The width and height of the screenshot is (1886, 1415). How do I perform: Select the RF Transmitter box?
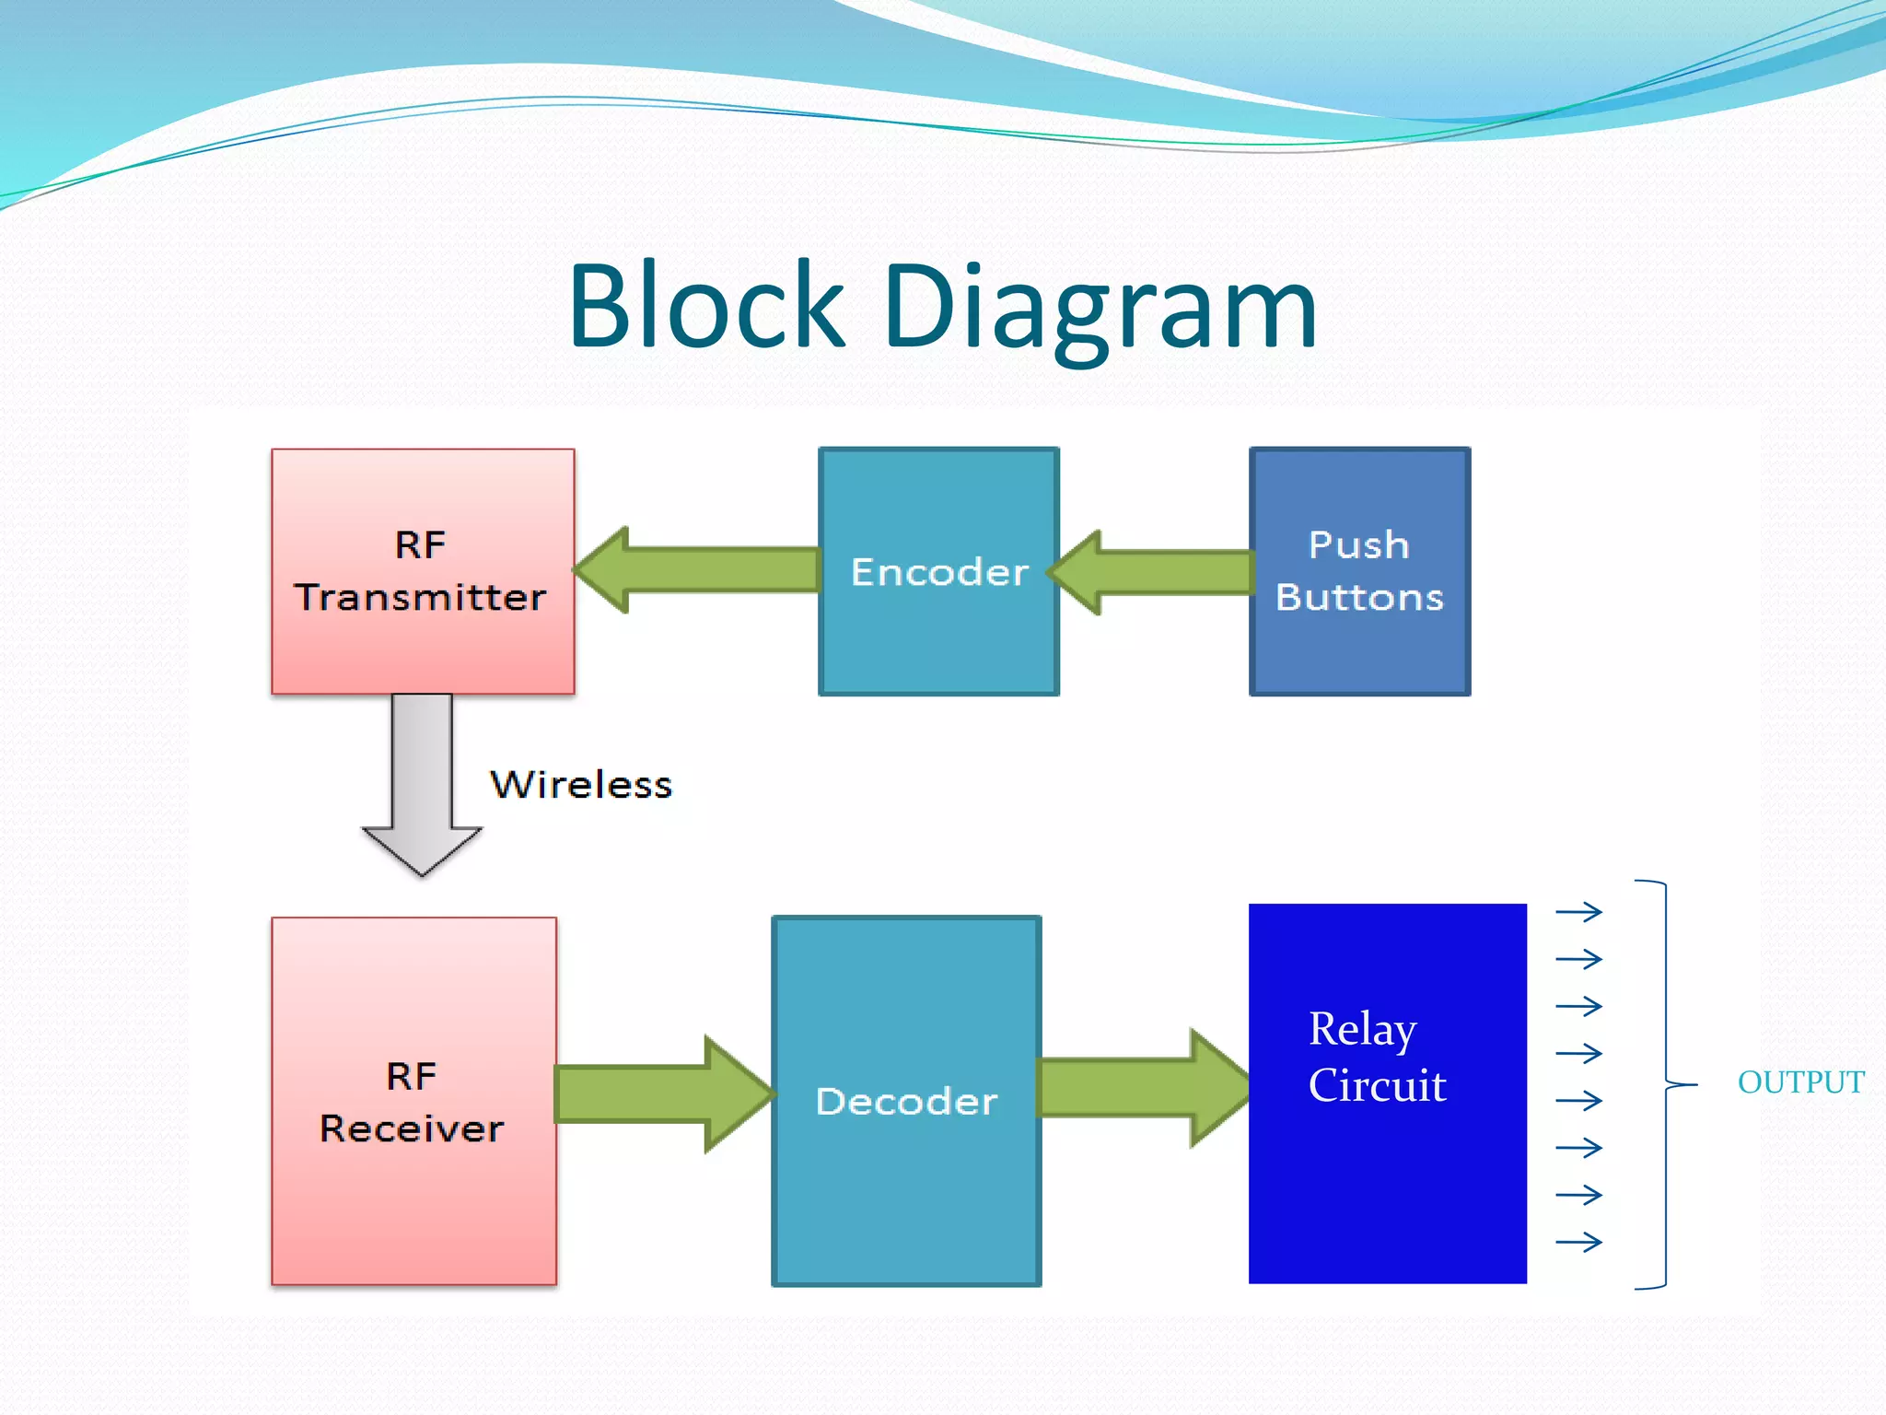pyautogui.click(x=423, y=571)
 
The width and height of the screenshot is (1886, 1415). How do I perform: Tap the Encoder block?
pyautogui.click(x=938, y=571)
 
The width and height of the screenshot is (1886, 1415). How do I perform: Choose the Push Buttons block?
pyautogui.click(x=1359, y=571)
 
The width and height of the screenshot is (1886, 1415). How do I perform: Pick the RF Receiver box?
pyautogui.click(x=413, y=1101)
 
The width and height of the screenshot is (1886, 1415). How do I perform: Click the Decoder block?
pyautogui.click(x=906, y=1101)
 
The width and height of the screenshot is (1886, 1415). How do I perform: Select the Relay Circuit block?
pyautogui.click(x=1387, y=1093)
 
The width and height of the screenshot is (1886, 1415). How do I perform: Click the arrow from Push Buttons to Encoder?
pyautogui.click(x=1150, y=572)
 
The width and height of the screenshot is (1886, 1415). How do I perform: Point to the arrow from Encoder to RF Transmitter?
pyautogui.click(x=696, y=569)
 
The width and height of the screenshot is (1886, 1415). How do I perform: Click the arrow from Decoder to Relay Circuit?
pyautogui.click(x=1144, y=1088)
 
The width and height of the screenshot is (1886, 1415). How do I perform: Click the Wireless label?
pyautogui.click(x=581, y=785)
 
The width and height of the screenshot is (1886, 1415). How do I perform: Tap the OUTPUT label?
pyautogui.click(x=1800, y=1082)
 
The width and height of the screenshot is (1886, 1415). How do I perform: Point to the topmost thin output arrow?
pyautogui.click(x=1578, y=912)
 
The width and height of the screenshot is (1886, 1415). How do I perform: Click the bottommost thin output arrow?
pyautogui.click(x=1578, y=1243)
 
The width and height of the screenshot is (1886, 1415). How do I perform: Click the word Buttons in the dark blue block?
pyautogui.click(x=1359, y=598)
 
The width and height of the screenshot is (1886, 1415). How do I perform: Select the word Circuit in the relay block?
pyautogui.click(x=1377, y=1084)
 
